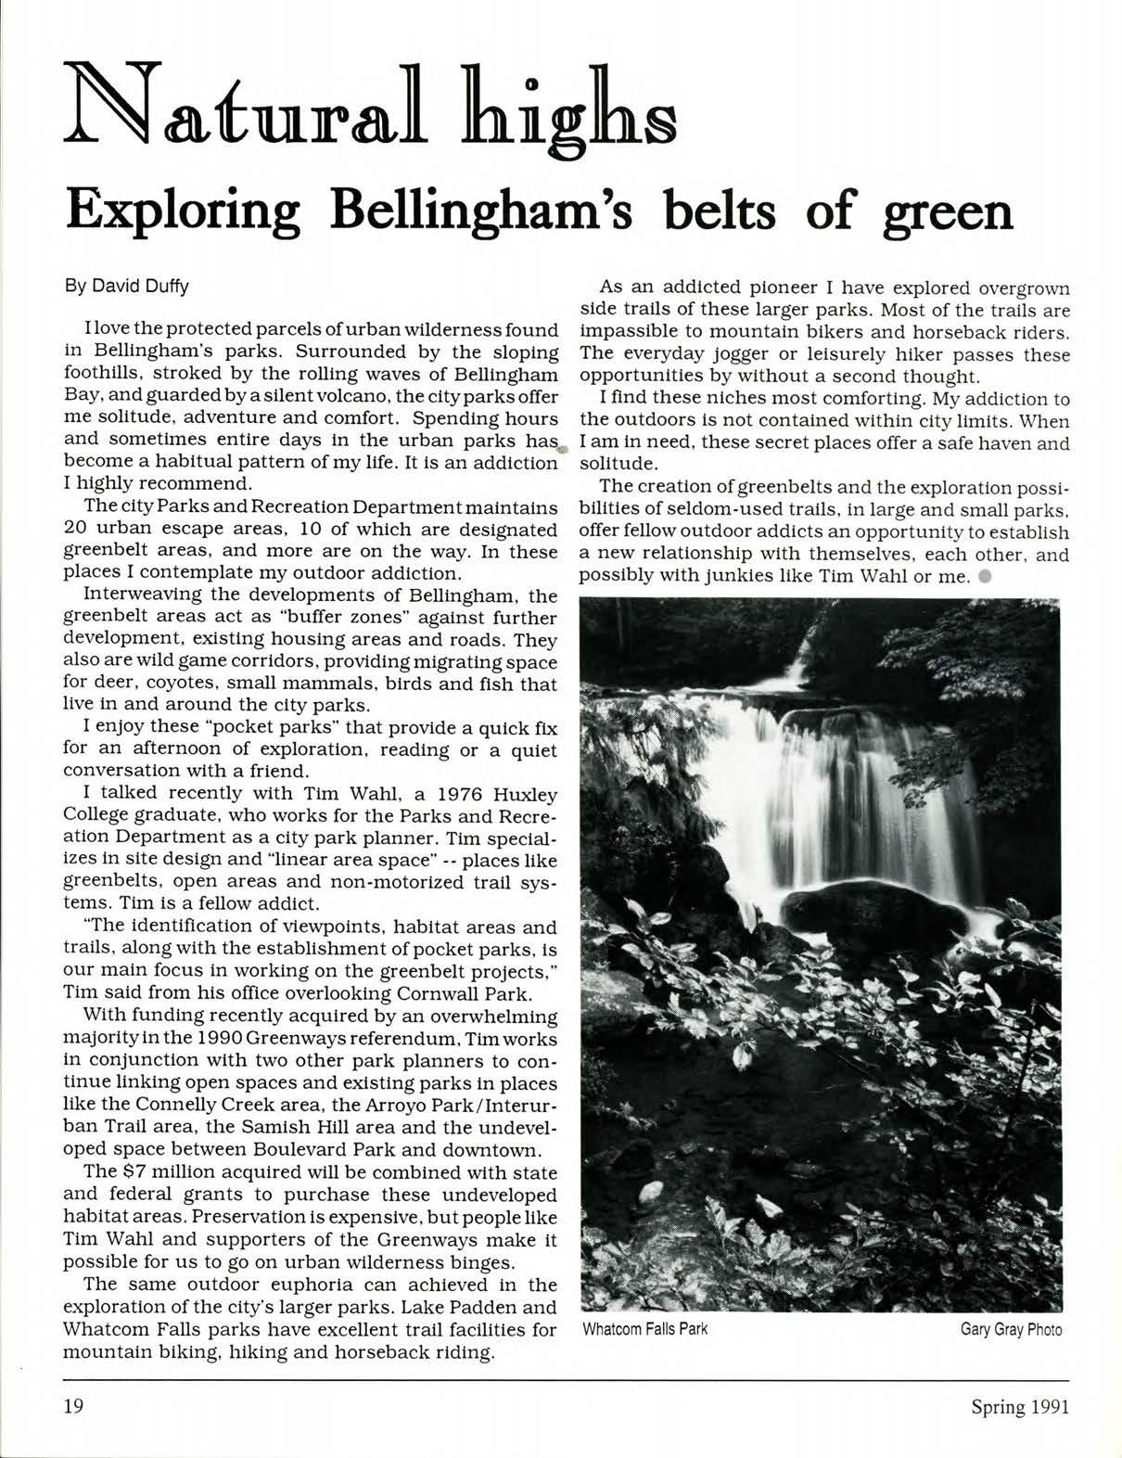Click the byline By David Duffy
tap(126, 286)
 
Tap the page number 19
tap(73, 1407)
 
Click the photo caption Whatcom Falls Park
tap(644, 1329)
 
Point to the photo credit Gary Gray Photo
tap(1011, 1329)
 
